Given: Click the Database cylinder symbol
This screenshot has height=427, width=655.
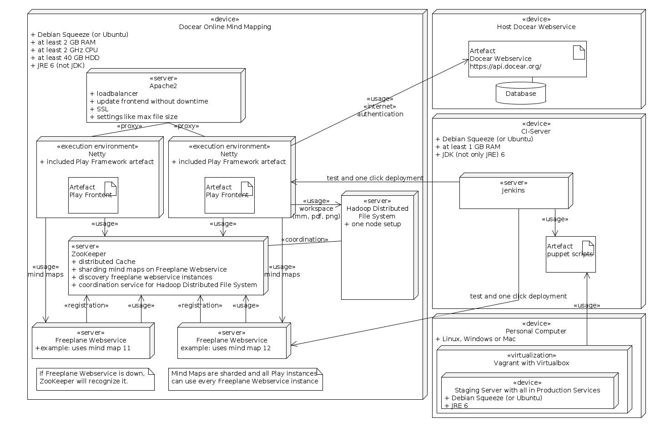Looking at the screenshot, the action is coord(521,93).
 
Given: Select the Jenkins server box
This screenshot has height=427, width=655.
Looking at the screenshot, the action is coord(516,191).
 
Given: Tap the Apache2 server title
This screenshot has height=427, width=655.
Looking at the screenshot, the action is coord(163,86).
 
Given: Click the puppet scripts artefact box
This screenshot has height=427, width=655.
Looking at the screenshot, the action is coord(570,254).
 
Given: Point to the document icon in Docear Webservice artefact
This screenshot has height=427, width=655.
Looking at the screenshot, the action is coord(579,53).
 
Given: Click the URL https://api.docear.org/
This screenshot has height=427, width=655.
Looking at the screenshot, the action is coord(505,66).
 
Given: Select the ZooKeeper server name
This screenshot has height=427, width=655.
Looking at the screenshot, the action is coord(89,254).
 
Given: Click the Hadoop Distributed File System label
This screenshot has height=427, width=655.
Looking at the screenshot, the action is coord(377,212).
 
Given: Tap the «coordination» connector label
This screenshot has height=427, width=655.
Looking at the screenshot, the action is coord(305,239).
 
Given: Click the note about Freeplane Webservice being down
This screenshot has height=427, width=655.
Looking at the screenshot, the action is coord(96,379).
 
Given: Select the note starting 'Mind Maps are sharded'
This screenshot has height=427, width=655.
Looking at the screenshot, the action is coord(245,379).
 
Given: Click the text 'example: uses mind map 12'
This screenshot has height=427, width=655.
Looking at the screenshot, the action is coord(226,348).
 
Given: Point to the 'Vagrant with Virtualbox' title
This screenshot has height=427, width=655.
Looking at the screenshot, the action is coord(531,363).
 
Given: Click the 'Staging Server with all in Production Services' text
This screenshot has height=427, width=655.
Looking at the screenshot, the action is coord(527,390).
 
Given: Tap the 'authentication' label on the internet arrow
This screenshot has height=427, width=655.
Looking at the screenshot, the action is coord(380,114).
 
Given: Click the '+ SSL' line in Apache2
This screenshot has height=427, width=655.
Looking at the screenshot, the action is coord(99,109).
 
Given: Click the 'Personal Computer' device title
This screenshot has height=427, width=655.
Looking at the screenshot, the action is coord(536,331).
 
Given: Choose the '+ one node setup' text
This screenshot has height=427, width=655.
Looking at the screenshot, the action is coord(373,224).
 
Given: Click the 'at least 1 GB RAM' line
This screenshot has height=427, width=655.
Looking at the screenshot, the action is coord(468,147).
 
